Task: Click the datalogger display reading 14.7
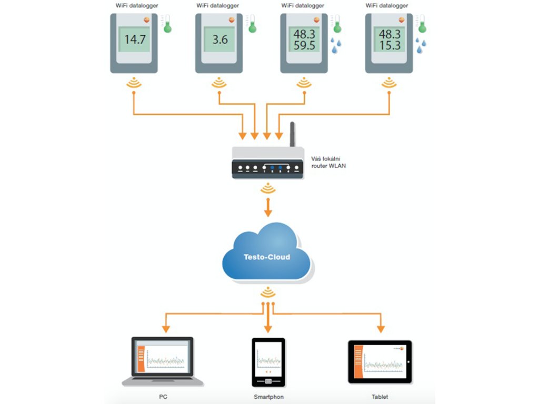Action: click(x=134, y=39)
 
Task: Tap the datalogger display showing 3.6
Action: click(x=219, y=39)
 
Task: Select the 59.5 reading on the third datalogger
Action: click(x=305, y=46)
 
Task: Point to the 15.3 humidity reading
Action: click(x=390, y=46)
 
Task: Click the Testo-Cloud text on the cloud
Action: click(x=267, y=257)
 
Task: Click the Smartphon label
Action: click(x=268, y=397)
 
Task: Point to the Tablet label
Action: click(x=380, y=397)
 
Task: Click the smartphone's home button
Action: click(x=268, y=381)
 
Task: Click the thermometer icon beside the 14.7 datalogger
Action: click(x=167, y=24)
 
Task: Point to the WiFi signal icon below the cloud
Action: click(x=268, y=292)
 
